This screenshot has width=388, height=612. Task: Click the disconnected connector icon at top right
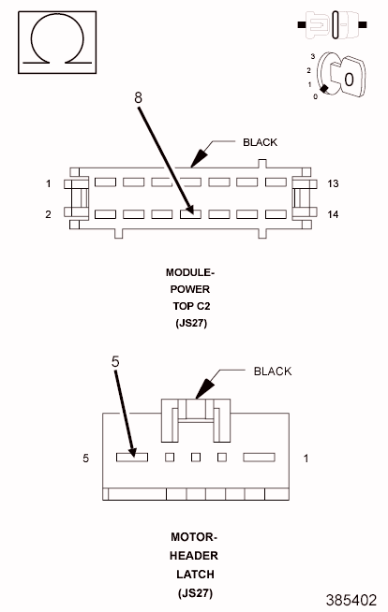(x=332, y=25)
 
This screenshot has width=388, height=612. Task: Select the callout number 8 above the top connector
(x=138, y=97)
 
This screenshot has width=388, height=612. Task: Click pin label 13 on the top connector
(x=333, y=183)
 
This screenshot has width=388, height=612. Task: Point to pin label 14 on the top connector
(x=333, y=214)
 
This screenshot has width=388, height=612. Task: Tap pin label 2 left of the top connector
(x=48, y=214)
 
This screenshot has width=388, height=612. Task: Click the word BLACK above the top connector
(x=260, y=142)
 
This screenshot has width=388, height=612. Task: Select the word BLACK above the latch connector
(x=273, y=371)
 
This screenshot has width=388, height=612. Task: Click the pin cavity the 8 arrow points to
(x=190, y=214)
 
